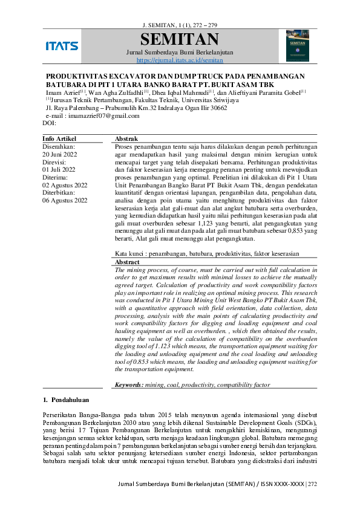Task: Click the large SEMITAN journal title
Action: tap(179, 40)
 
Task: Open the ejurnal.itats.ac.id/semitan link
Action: tap(180, 60)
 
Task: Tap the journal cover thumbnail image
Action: tap(297, 46)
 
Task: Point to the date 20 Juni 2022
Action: tap(63, 154)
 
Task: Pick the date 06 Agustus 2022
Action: tap(65, 201)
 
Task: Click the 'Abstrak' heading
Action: tap(126, 139)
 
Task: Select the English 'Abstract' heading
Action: tap(127, 262)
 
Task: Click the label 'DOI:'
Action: tap(49, 123)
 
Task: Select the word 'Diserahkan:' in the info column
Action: tap(58, 146)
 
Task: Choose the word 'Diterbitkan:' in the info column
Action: tap(59, 193)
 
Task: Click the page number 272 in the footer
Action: tap(312, 484)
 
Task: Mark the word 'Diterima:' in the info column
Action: tap(56, 177)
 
